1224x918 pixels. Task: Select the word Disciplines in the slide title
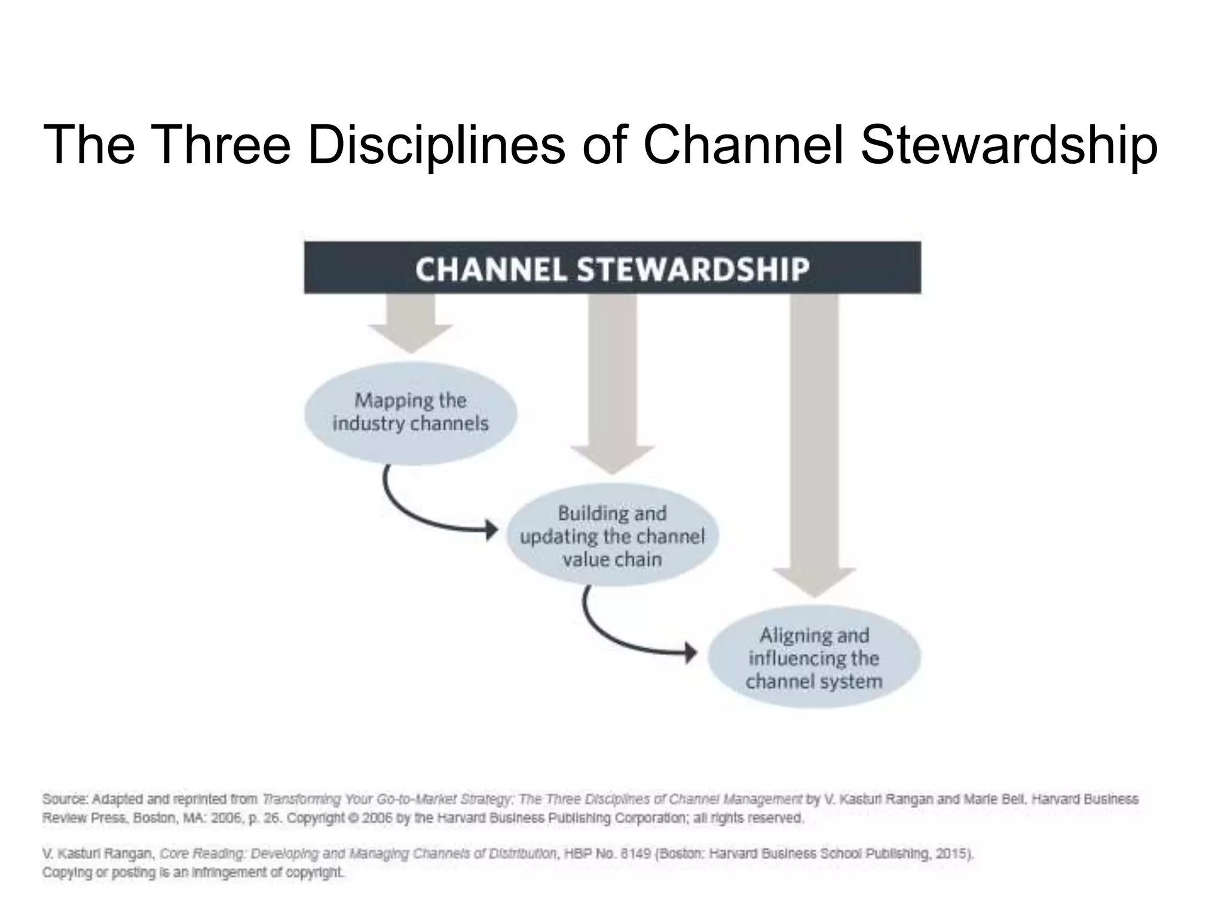click(x=436, y=145)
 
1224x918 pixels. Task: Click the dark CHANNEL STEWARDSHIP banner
click(x=612, y=267)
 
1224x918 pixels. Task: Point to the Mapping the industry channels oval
click(x=410, y=413)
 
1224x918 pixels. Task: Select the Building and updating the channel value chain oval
click(x=612, y=535)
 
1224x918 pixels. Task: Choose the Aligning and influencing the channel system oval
click(x=813, y=657)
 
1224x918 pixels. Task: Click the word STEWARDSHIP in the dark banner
click(x=693, y=268)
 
